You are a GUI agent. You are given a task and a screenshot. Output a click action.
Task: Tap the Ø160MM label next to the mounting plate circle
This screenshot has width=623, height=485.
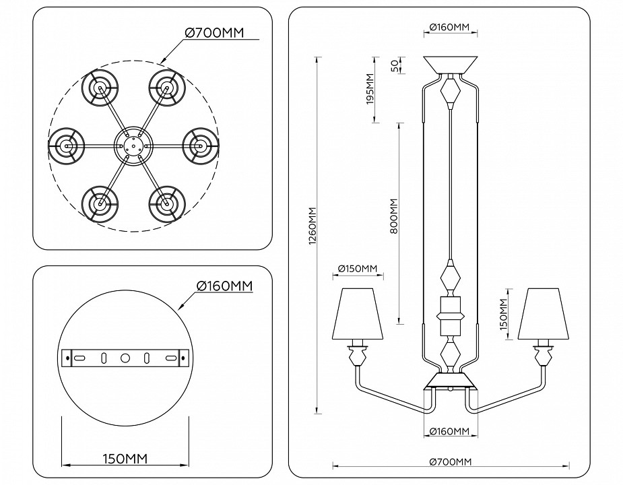coord(224,286)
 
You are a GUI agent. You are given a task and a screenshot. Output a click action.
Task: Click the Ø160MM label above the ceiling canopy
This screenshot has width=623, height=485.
coord(449,28)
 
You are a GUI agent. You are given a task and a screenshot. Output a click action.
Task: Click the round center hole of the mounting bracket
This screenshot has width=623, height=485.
coord(125,358)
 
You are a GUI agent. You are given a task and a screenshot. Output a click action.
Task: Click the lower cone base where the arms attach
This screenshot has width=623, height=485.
coord(450,382)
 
